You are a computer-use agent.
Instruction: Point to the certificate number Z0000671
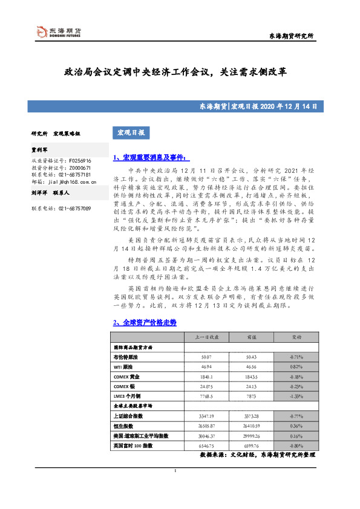pos(79,167)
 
